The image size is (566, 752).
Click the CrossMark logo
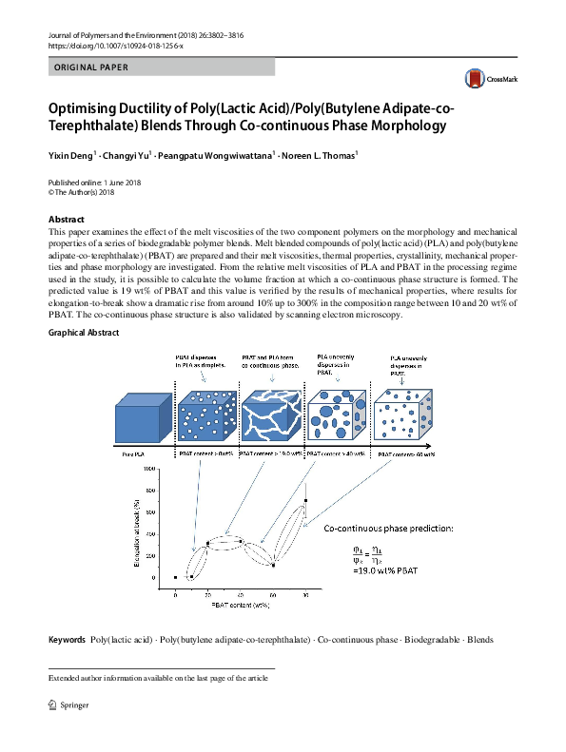click(486, 78)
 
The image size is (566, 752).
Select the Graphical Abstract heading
click(84, 333)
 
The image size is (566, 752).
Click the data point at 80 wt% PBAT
click(304, 500)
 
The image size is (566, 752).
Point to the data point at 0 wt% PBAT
click(176, 577)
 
